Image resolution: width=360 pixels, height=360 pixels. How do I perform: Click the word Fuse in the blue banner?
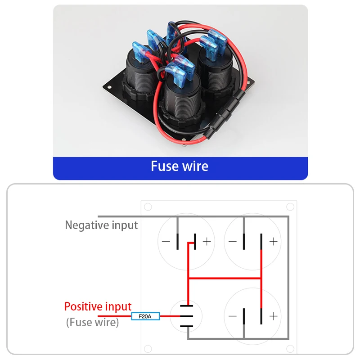165,166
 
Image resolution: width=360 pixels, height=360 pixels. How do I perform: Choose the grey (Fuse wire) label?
92,322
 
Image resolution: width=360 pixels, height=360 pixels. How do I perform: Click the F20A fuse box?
145,317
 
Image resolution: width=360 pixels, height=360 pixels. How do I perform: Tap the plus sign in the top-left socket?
206,242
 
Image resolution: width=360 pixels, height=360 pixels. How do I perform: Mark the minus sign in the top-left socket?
166,242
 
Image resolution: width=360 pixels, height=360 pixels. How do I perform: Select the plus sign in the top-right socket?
273,242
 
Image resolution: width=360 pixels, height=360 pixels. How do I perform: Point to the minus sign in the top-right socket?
233,242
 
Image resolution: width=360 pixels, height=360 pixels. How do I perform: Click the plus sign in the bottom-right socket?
273,316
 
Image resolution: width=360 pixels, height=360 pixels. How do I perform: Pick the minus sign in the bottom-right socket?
233,316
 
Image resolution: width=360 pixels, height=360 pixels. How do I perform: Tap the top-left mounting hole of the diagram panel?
148,207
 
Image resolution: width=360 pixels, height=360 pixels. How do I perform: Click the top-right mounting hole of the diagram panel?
290,207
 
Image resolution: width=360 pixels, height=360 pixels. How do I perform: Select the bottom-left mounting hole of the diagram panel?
148,349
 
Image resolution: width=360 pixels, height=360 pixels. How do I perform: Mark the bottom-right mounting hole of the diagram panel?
290,349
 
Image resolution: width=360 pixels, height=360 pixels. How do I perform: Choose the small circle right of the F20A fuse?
186,316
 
